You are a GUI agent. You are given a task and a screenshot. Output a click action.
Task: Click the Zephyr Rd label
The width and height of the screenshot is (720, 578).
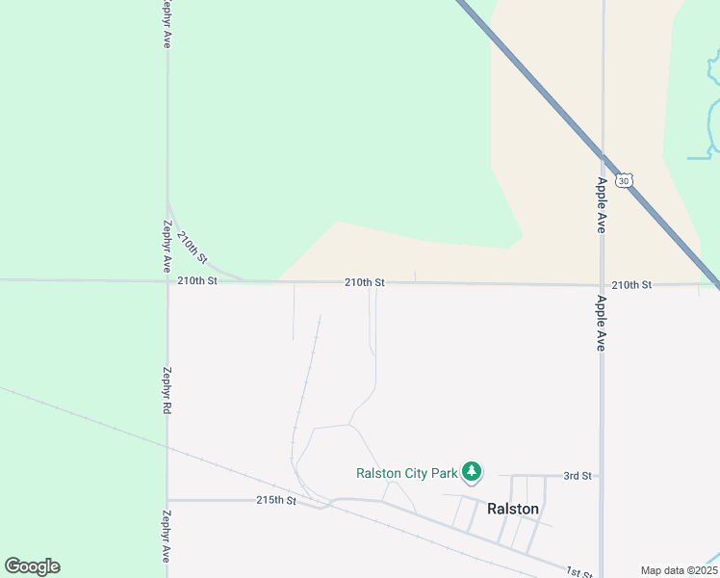click(167, 390)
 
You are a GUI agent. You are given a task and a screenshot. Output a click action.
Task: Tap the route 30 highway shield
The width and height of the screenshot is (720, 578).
click(626, 180)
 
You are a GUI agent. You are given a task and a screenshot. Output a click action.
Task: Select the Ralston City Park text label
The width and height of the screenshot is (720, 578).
click(406, 473)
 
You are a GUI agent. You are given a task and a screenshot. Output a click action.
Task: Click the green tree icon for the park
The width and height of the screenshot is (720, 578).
click(471, 471)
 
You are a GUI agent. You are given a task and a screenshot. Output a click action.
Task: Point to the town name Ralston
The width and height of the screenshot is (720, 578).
click(512, 509)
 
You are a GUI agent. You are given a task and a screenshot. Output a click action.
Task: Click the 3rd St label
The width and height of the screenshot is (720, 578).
click(577, 476)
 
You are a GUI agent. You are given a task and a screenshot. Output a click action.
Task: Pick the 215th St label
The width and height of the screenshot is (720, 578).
click(274, 501)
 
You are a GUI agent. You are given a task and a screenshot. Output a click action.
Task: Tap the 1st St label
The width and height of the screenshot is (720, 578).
click(579, 572)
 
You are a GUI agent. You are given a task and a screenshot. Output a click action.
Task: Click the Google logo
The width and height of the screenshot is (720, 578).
click(32, 566)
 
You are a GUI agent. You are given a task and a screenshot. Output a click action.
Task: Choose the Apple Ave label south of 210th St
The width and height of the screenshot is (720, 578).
click(601, 322)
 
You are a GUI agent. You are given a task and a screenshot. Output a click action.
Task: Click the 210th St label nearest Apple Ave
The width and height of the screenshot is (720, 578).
click(631, 285)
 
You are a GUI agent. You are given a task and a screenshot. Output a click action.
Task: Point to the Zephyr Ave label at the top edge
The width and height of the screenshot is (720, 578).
click(167, 23)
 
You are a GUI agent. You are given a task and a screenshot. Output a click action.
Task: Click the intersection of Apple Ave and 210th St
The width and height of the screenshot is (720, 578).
click(602, 285)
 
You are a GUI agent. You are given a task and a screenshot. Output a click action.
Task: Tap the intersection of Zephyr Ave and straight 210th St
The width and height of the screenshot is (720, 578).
click(167, 281)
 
